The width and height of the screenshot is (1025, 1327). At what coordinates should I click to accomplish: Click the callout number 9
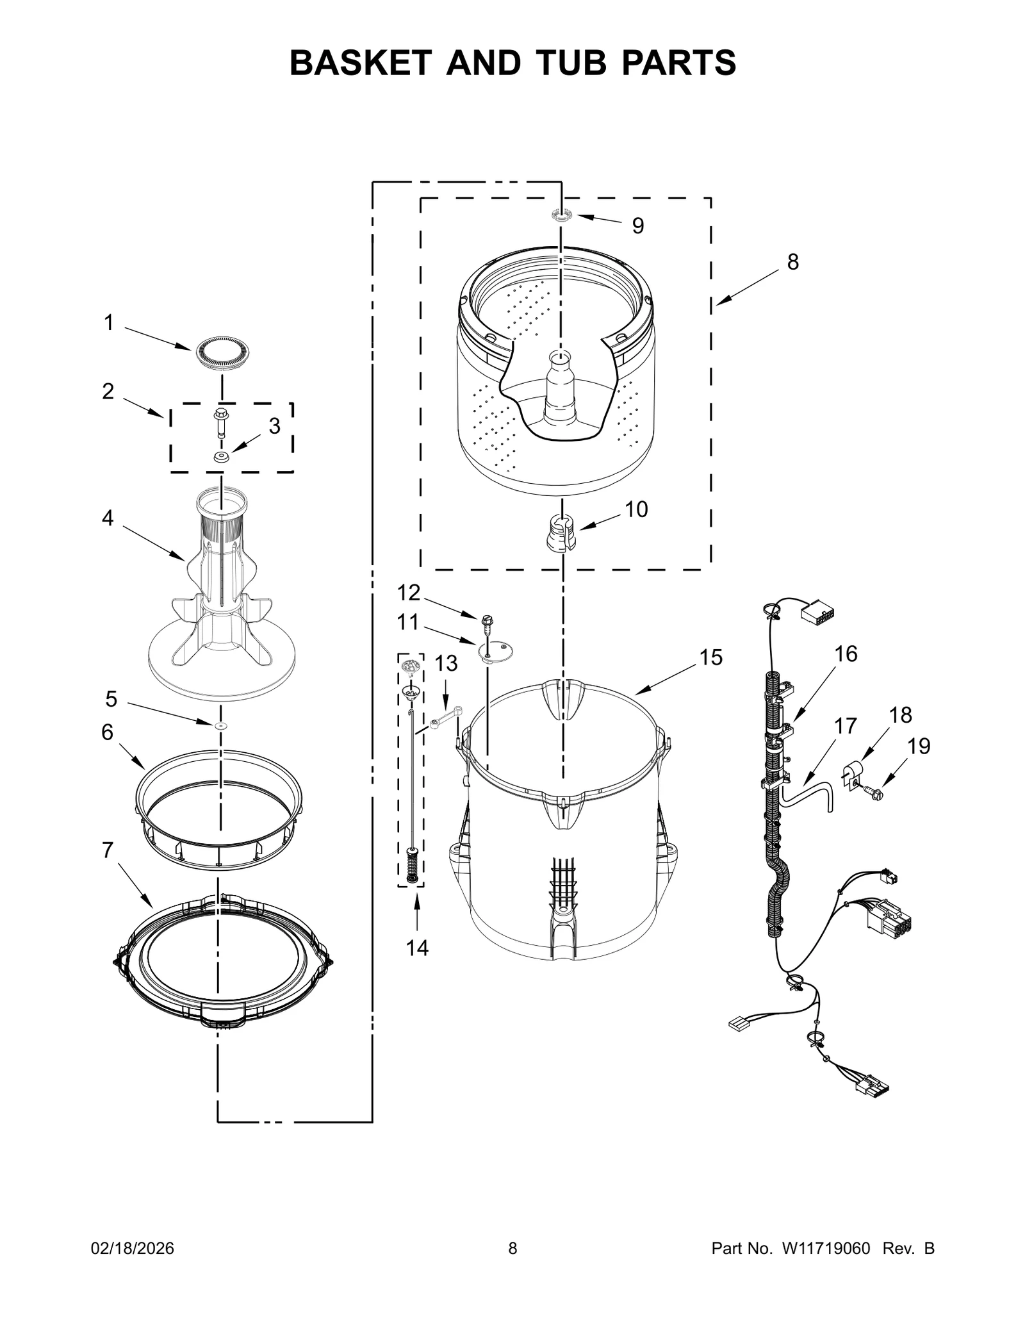click(637, 226)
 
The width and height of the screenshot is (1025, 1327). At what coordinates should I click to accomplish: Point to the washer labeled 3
click(222, 457)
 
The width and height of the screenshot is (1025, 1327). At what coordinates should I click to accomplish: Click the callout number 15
click(710, 657)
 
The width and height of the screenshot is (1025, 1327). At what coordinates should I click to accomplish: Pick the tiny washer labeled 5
click(221, 725)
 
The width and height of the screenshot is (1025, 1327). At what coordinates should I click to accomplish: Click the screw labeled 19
click(874, 793)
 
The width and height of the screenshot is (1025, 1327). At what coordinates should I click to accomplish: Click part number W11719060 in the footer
click(826, 1248)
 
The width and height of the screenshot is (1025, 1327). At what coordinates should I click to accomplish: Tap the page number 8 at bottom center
click(512, 1248)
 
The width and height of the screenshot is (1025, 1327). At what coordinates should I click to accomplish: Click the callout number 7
click(107, 850)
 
